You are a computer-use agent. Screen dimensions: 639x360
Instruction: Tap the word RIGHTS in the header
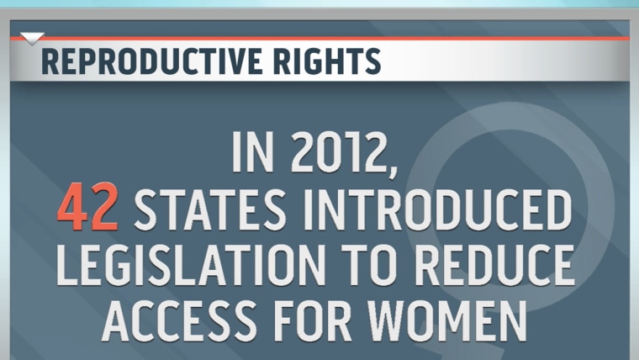click(327, 61)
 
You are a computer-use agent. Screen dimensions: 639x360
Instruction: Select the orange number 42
click(87, 206)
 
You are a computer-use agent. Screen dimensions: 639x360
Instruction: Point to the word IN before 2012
click(253, 151)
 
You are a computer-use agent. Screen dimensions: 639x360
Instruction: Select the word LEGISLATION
click(191, 265)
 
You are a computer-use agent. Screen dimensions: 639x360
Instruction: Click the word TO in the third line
click(370, 265)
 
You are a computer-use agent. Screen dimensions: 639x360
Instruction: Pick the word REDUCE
click(494, 265)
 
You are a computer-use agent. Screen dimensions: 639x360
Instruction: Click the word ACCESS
click(179, 321)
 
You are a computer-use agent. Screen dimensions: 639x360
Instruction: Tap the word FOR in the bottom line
click(313, 321)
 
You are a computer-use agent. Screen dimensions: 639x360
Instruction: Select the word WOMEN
click(447, 321)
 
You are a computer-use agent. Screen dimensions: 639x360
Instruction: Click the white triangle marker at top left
click(32, 39)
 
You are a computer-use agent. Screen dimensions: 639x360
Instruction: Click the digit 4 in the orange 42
click(72, 206)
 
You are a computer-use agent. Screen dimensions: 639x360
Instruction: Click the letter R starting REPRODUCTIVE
click(50, 61)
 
